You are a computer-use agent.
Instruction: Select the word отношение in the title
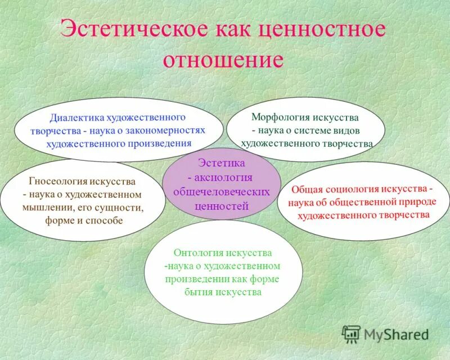coord(223,59)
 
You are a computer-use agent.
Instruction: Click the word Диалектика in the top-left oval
coord(75,118)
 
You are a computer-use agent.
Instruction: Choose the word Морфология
coord(280,118)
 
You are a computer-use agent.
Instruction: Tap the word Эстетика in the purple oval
coord(222,164)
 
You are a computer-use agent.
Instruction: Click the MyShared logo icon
coord(352,334)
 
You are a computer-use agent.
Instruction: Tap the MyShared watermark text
coord(396,335)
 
